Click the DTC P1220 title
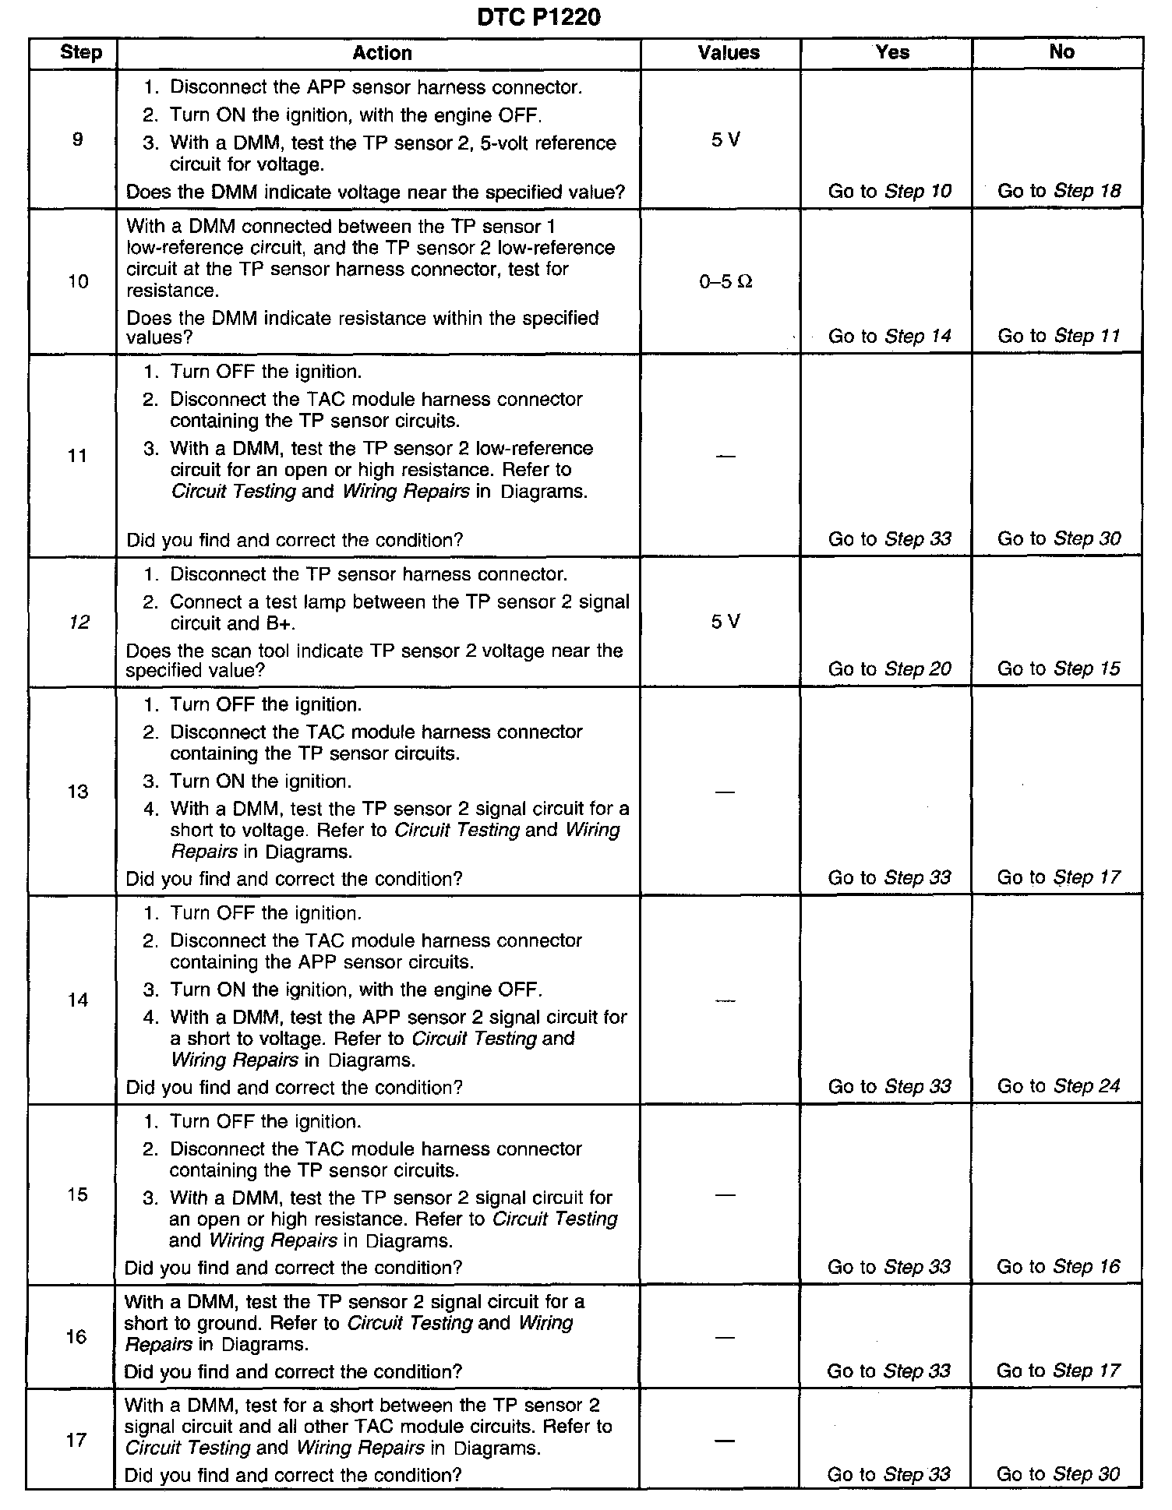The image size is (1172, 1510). click(538, 16)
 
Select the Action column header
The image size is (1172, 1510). click(382, 53)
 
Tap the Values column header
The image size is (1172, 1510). click(729, 53)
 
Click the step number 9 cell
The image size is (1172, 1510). click(77, 140)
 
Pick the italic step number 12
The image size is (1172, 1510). click(79, 622)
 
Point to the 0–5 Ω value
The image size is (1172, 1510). click(725, 282)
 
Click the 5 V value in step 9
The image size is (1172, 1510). click(725, 140)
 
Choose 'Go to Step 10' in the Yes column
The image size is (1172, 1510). click(889, 192)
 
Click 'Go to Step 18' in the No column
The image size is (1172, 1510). click(1059, 192)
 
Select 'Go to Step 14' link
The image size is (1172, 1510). click(889, 337)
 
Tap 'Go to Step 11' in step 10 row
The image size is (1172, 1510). click(1059, 337)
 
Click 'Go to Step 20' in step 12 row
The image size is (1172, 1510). click(889, 669)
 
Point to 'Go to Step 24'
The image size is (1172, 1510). click(1059, 1086)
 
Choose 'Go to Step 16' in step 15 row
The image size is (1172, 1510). click(1058, 1267)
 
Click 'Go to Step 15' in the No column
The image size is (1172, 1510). click(1059, 669)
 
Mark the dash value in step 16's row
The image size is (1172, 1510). click(725, 1337)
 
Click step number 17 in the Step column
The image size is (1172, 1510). click(76, 1440)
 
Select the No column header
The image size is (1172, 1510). click(1061, 52)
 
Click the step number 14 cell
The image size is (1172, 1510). click(78, 1000)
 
